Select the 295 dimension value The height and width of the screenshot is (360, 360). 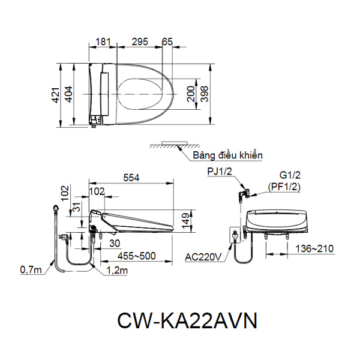pyautogui.click(x=140, y=42)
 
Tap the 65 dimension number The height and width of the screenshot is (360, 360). pyautogui.click(x=167, y=42)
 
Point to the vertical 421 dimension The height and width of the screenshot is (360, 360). pyautogui.click(x=55, y=95)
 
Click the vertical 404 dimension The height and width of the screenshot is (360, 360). pyautogui.click(x=69, y=95)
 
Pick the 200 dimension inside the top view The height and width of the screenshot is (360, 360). pyautogui.click(x=190, y=95)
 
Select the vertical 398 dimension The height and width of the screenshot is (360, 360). pyautogui.click(x=204, y=95)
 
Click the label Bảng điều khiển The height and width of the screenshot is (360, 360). pyautogui.click(x=227, y=156)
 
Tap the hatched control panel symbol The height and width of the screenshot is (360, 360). pyautogui.click(x=171, y=145)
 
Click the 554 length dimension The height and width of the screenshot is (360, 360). pyautogui.click(x=131, y=178)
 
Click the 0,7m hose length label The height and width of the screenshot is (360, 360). pyautogui.click(x=31, y=270)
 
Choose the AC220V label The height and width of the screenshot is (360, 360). pyautogui.click(x=203, y=257)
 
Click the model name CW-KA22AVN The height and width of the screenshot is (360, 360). pyautogui.click(x=180, y=320)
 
